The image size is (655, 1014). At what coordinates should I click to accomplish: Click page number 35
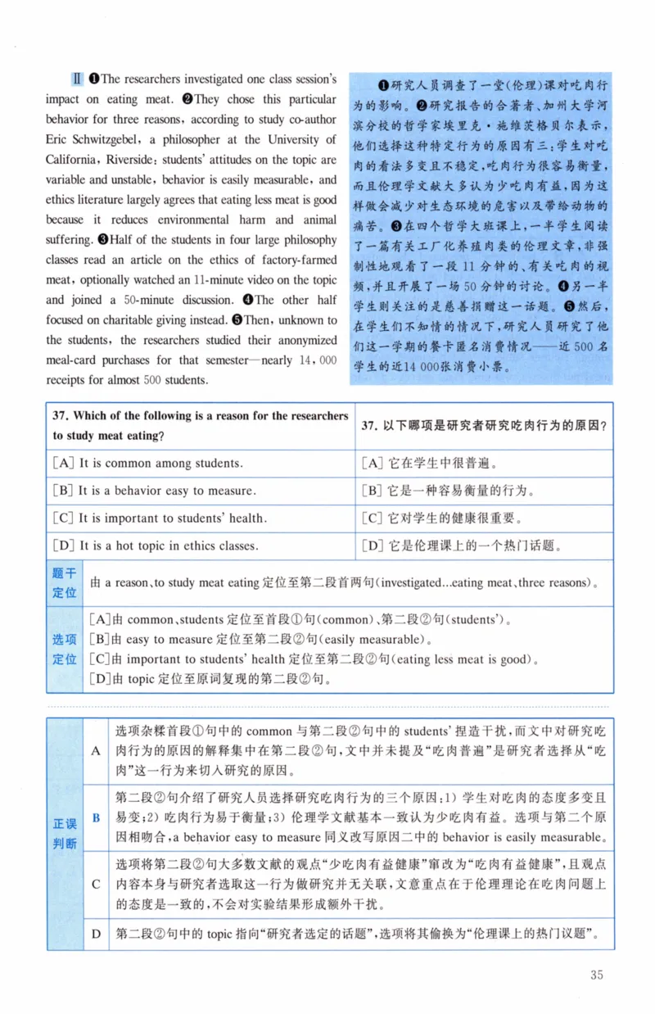[x=596, y=974]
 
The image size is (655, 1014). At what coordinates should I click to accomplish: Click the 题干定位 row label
[x=64, y=583]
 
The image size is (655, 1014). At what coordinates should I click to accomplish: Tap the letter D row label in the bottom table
[x=96, y=934]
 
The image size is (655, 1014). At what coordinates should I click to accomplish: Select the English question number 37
[x=61, y=416]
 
